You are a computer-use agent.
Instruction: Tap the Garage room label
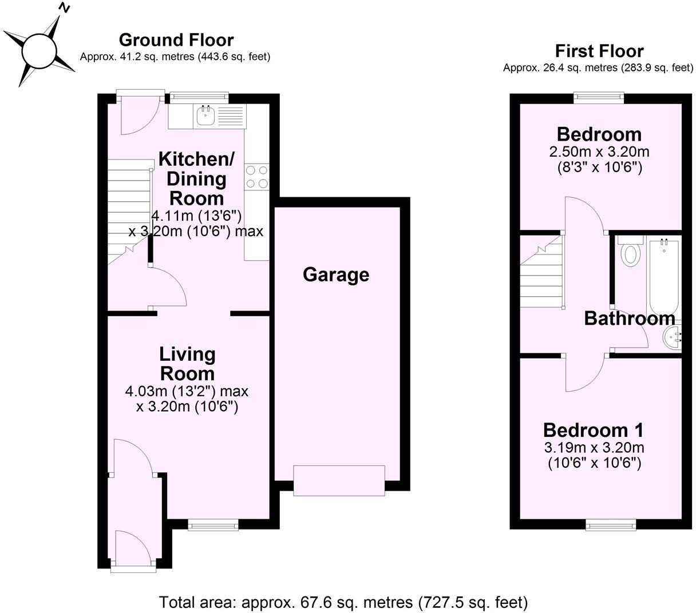click(x=336, y=275)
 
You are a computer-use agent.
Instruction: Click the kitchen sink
click(x=205, y=117)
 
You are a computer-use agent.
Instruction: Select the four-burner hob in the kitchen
click(x=256, y=176)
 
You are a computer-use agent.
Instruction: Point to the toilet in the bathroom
click(x=631, y=253)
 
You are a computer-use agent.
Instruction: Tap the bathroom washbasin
click(x=672, y=339)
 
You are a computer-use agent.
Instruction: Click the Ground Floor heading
click(x=176, y=40)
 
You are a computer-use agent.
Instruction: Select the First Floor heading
click(x=599, y=51)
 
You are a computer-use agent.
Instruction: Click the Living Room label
click(x=187, y=364)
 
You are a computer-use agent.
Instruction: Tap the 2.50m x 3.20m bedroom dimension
click(x=599, y=153)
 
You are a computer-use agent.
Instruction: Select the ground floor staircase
click(x=129, y=209)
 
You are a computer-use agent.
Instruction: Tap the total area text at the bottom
click(x=343, y=602)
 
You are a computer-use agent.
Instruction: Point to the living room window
click(x=213, y=523)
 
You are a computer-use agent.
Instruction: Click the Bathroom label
click(x=630, y=319)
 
